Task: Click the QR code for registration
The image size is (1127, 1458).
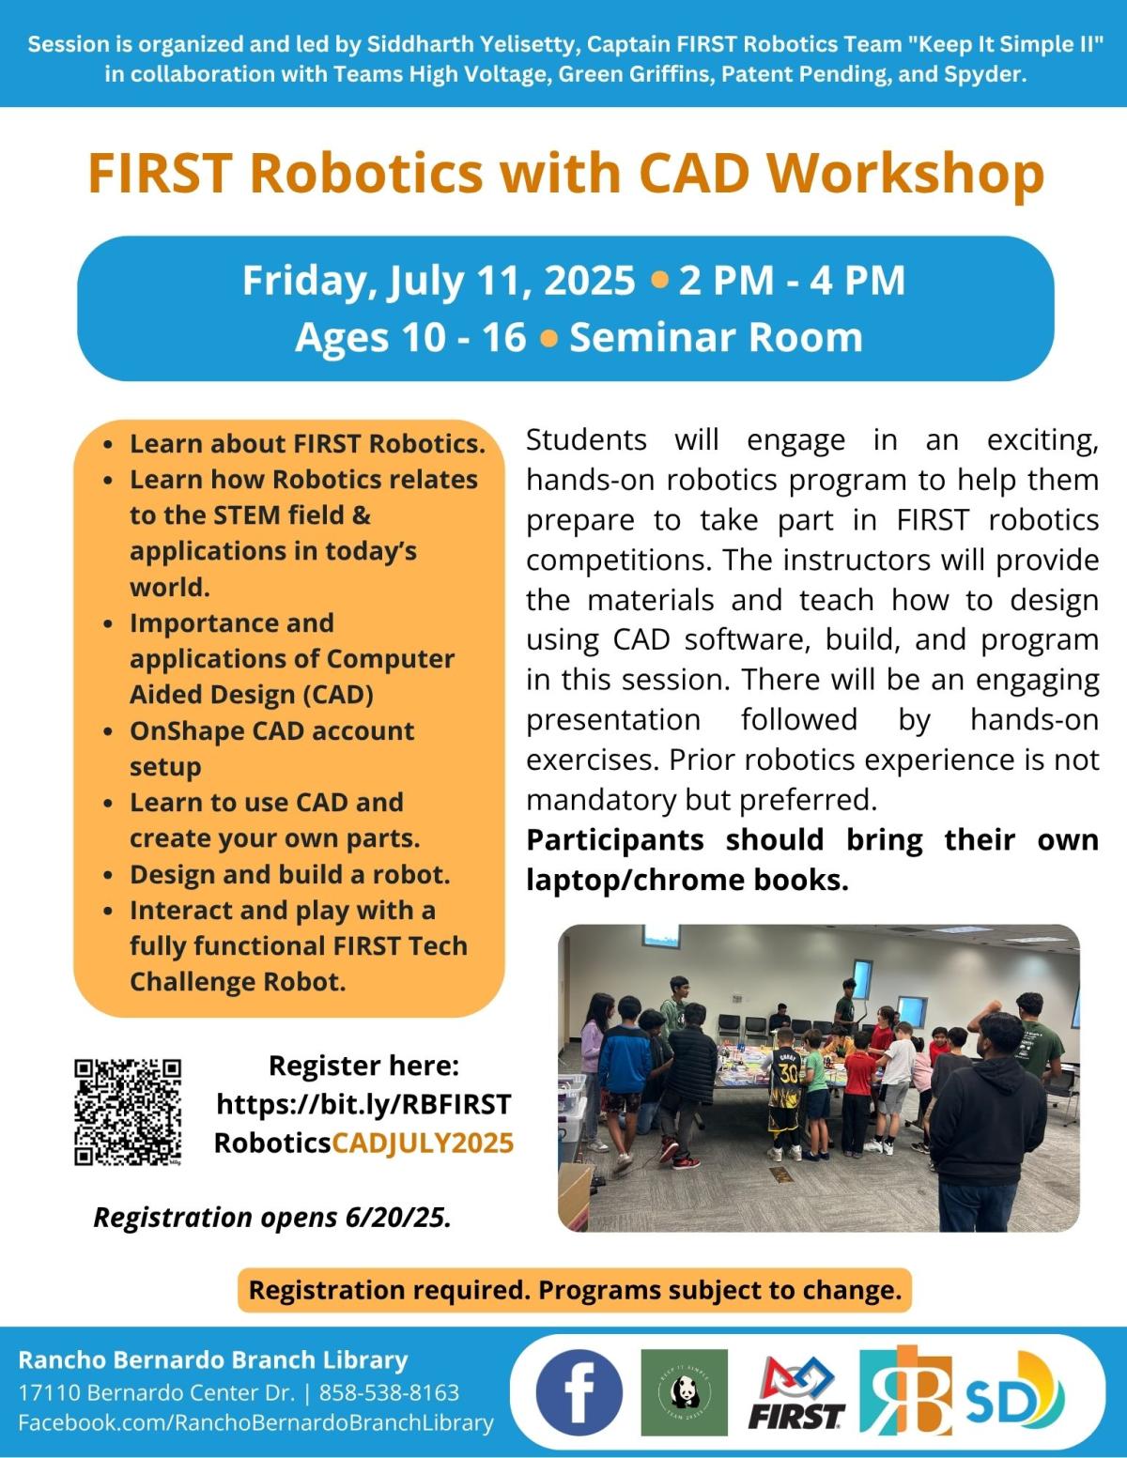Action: point(128,1112)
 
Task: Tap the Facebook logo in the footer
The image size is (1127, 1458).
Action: point(579,1392)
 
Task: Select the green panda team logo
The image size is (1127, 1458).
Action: point(684,1392)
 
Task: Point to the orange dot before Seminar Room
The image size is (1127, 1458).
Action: point(548,338)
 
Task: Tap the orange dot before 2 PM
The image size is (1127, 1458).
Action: point(659,281)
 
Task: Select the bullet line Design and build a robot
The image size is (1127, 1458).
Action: point(289,874)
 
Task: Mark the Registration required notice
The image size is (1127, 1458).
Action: point(575,1290)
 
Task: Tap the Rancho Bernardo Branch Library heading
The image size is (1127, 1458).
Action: point(213,1359)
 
